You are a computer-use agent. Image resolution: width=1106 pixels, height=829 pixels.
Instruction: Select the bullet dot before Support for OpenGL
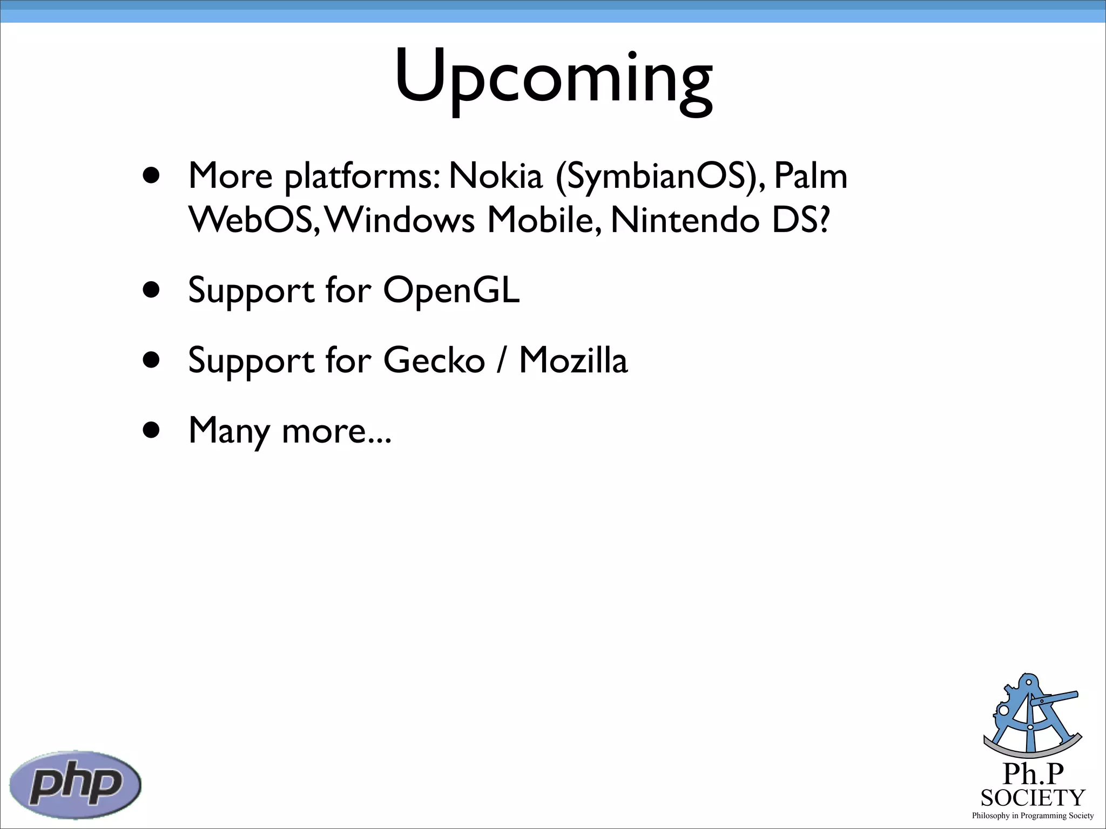(x=152, y=290)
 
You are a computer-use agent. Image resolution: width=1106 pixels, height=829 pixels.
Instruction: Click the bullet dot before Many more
(x=152, y=430)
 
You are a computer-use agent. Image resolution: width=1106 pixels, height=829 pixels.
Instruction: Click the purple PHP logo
(x=76, y=784)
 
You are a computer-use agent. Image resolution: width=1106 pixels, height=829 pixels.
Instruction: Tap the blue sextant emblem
(x=1032, y=715)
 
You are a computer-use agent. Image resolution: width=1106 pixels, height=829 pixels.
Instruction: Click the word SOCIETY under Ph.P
(x=1033, y=798)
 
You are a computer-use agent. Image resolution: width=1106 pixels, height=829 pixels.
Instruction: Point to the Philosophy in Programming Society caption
(x=1033, y=816)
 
